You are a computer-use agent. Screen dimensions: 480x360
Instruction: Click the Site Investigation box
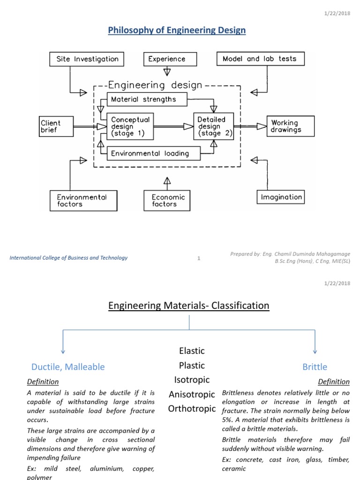87,59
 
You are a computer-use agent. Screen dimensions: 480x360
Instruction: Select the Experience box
167,59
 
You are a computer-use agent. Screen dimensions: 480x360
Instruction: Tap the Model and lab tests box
259,59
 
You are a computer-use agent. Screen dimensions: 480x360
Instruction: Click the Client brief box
57,127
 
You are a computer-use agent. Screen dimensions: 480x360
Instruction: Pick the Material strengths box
147,99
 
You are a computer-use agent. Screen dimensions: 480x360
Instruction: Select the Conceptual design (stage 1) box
130,126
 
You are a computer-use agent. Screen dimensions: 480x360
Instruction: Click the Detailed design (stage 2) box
213,126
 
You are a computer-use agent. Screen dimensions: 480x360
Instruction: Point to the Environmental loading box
154,153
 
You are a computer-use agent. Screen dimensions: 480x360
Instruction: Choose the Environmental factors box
83,201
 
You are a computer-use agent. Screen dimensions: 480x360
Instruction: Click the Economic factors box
168,201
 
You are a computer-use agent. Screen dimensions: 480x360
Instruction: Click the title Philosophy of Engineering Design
177,30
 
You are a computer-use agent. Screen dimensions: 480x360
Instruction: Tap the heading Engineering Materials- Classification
189,306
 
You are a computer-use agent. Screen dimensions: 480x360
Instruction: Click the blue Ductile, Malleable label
68,367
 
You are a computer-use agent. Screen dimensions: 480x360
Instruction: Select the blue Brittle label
315,367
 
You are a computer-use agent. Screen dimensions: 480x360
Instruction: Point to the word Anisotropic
192,394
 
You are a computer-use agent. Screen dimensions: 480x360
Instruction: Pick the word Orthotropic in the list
192,409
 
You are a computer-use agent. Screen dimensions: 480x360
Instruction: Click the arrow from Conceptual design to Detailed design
173,126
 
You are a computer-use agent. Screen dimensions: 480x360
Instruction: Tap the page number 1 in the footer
199,258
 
